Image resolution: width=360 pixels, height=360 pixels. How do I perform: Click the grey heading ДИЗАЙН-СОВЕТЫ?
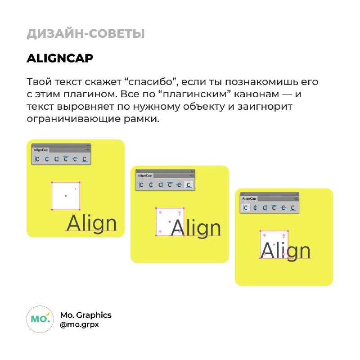click(85, 34)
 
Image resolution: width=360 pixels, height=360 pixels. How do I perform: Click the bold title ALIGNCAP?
click(60, 58)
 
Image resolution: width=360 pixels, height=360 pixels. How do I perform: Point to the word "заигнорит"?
click(265, 107)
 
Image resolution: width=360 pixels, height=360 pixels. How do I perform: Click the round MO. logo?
click(40, 319)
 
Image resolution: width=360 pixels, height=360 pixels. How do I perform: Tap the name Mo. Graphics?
click(85, 315)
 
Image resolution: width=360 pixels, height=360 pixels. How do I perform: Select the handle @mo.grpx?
click(79, 325)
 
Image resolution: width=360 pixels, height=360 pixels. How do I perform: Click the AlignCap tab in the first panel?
click(40, 150)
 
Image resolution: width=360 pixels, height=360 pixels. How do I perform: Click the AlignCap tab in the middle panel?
click(144, 175)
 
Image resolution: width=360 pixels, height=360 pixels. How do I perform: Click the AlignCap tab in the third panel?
click(249, 198)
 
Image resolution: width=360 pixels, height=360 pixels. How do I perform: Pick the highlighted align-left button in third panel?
click(245, 208)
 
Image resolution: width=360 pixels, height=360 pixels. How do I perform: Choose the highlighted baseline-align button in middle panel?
click(189, 185)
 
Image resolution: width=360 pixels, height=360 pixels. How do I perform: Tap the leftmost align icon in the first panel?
click(37, 159)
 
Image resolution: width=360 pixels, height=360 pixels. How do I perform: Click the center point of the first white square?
click(66, 196)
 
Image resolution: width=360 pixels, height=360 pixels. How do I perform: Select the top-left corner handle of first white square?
click(52, 183)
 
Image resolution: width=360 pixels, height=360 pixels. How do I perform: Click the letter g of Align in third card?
click(292, 252)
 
